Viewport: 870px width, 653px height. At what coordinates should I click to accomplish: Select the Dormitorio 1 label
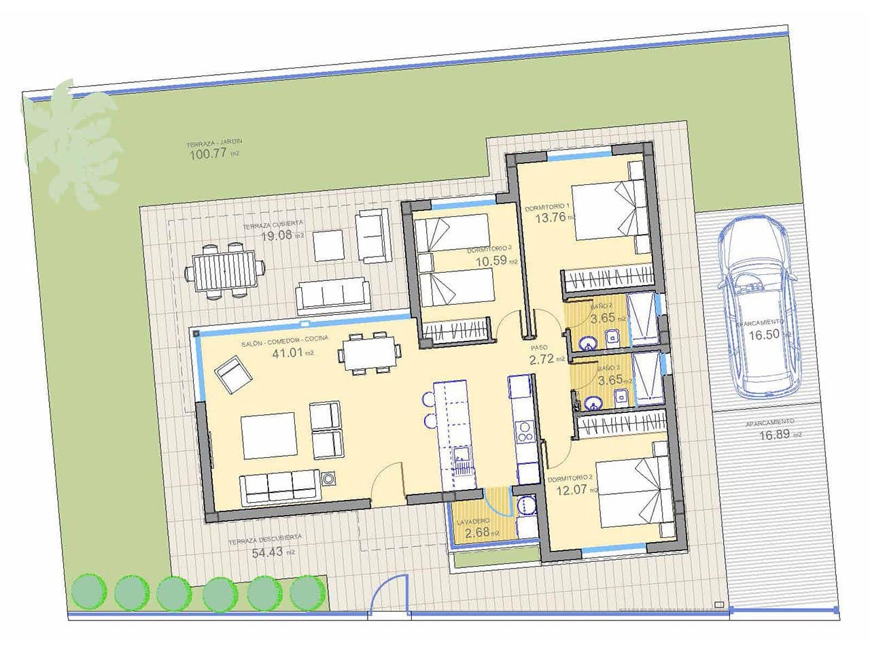[x=546, y=206]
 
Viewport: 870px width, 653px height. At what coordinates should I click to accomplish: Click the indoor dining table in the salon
[x=371, y=352]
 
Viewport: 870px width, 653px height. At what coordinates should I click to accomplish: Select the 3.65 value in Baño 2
[x=603, y=317]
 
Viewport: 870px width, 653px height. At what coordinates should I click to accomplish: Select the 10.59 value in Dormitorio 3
[x=491, y=260]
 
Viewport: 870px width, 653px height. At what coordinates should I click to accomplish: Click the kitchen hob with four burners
[x=525, y=433]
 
